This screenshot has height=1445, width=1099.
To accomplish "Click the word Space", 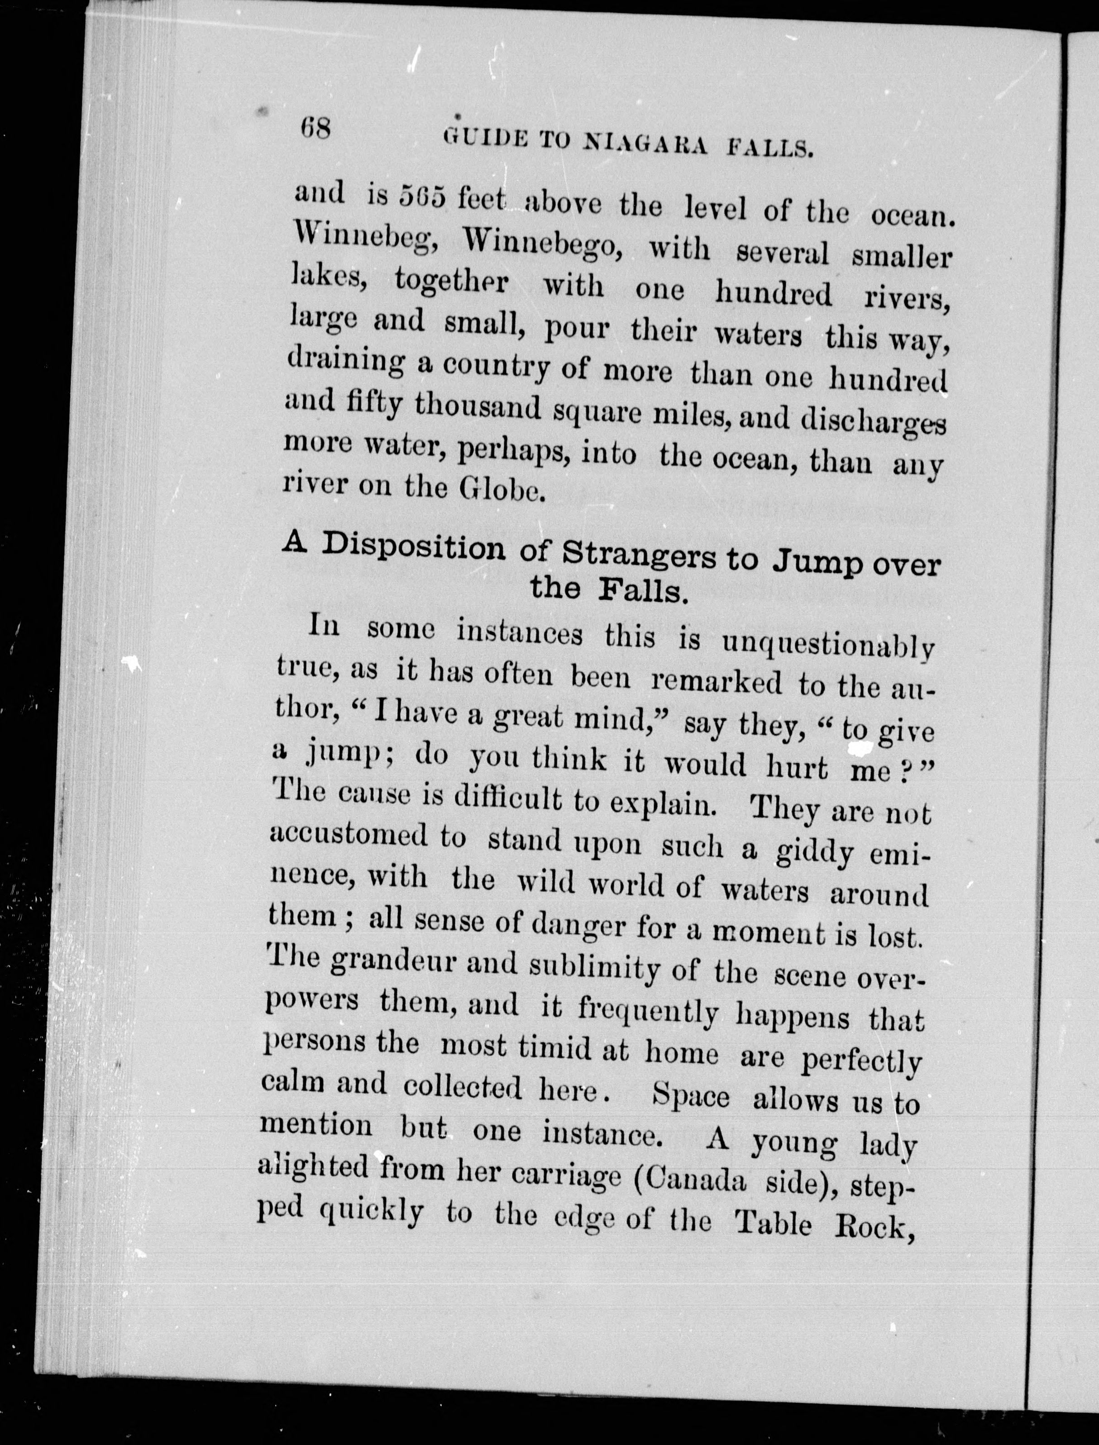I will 692,1096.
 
